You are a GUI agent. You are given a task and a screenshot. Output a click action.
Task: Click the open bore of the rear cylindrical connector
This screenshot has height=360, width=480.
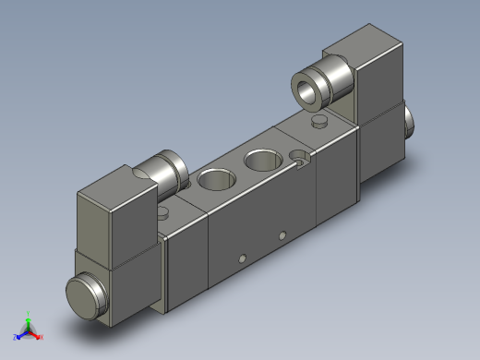(306, 90)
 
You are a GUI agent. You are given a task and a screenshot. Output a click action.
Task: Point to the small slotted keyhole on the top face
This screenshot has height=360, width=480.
(299, 157)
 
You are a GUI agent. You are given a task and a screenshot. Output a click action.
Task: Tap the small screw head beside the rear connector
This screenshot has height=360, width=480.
(320, 122)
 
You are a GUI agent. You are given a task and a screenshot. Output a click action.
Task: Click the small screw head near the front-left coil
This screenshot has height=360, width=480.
(164, 212)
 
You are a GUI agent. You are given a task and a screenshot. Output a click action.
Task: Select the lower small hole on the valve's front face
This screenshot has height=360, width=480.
(243, 258)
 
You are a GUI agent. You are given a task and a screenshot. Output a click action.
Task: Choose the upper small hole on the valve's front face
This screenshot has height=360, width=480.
(282, 234)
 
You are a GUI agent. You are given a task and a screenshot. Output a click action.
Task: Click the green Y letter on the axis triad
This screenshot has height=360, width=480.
(29, 313)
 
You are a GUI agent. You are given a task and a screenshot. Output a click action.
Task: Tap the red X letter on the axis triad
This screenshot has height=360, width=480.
(42, 337)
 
